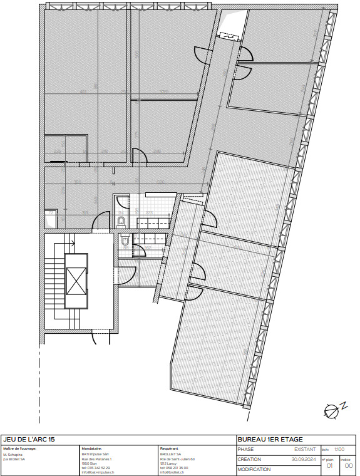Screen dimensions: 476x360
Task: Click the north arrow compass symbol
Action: point(331,410)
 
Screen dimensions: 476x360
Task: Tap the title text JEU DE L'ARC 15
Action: point(29,440)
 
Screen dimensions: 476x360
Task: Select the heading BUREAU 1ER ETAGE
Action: point(270,440)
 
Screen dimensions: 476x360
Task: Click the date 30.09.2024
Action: point(304,459)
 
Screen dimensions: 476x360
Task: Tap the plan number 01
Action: point(330,465)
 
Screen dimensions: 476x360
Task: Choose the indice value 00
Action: point(349,465)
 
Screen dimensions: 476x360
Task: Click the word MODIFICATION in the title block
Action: point(254,469)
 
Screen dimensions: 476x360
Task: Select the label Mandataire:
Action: point(91,448)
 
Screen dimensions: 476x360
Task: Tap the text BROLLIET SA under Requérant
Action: point(170,454)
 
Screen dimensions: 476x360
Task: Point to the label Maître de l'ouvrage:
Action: point(20,448)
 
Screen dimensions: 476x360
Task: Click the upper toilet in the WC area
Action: point(121,219)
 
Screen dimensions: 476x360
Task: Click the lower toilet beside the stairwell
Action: point(125,240)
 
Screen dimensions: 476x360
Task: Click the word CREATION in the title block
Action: point(249,459)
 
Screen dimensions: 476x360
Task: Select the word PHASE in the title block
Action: point(245,449)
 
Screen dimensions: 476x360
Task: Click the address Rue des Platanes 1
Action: point(97,458)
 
